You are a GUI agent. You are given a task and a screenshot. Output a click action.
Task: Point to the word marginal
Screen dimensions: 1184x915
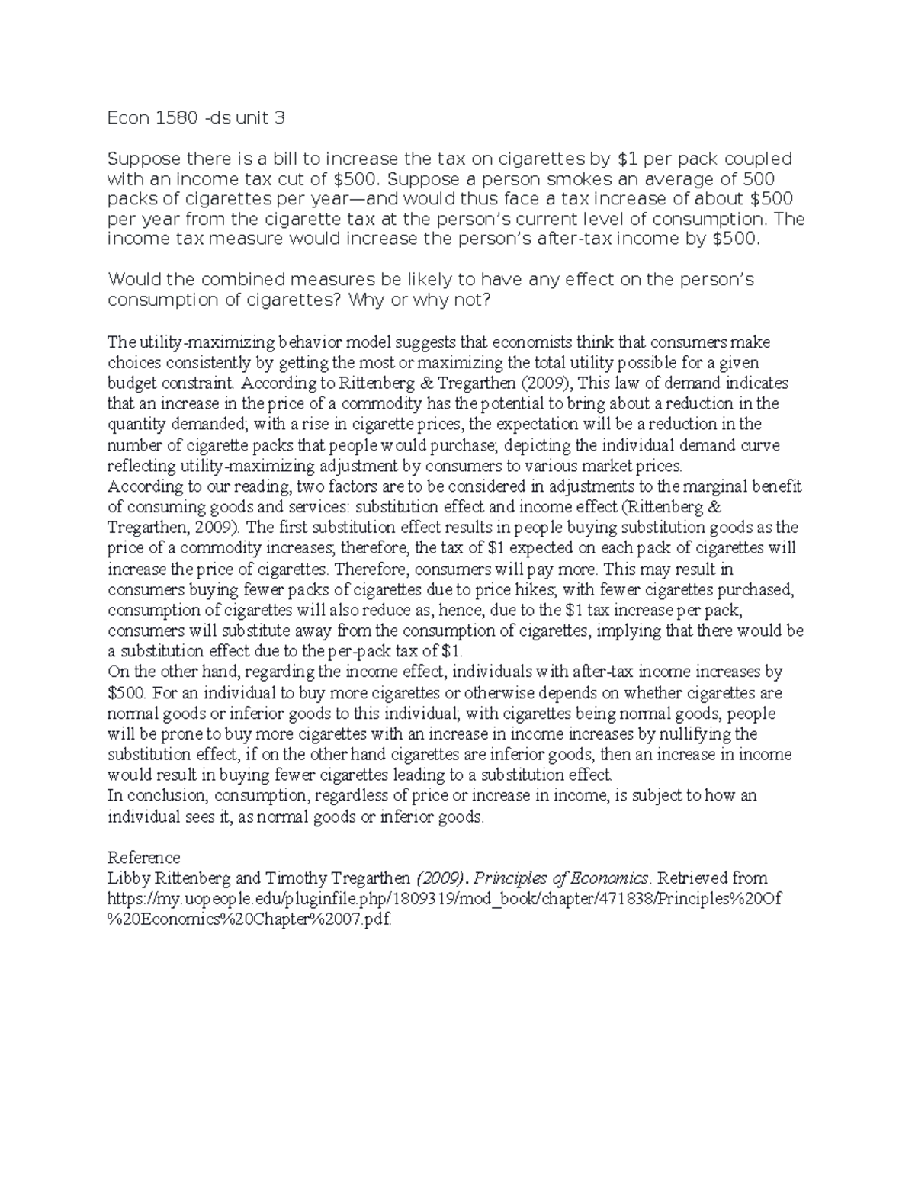coord(728,486)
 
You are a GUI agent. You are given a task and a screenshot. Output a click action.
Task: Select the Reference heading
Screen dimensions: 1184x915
coord(144,857)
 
